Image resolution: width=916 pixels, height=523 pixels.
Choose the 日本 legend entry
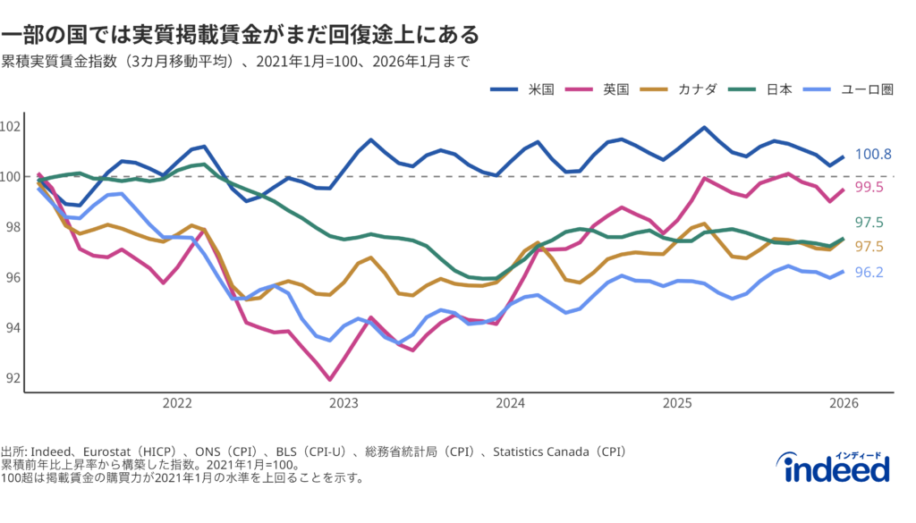[x=779, y=89]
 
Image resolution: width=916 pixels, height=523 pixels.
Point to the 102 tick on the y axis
[x=10, y=126]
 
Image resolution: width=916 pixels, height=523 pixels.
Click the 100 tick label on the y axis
[x=10, y=177]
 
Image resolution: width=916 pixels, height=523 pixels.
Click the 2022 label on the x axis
[x=177, y=403]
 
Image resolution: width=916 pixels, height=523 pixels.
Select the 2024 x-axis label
[x=511, y=403]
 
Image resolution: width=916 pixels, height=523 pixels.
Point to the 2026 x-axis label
[x=844, y=403]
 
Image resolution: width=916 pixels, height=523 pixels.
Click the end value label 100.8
[x=873, y=155]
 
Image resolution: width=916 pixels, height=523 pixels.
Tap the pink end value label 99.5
[x=869, y=187]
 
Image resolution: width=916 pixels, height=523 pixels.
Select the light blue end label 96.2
[x=869, y=272]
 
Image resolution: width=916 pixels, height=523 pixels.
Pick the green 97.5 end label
[x=869, y=223]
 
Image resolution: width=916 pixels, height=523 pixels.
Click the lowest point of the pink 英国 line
[x=330, y=380]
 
